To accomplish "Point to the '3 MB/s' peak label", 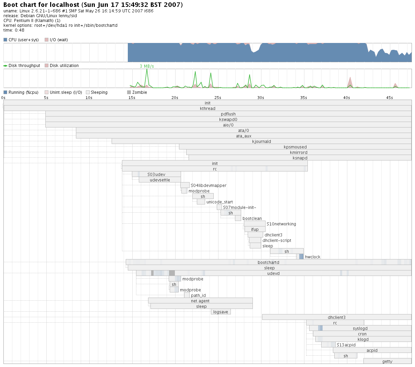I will click(x=147, y=66).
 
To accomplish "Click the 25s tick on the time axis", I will click(x=218, y=98).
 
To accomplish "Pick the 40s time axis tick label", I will click(x=347, y=98).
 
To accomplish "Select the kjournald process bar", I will click(x=261, y=141).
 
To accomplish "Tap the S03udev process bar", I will click(x=156, y=174).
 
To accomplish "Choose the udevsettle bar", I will click(x=160, y=180).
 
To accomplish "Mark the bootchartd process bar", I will click(x=268, y=262).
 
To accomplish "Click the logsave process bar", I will click(x=221, y=312).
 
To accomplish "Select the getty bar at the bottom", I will click(x=387, y=361).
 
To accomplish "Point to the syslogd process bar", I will click(x=360, y=328).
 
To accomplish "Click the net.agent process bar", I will click(x=200, y=301).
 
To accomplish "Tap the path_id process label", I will click(x=198, y=296).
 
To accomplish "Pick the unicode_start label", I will click(x=220, y=202).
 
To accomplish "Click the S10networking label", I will click(x=281, y=224).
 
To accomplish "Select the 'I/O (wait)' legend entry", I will click(x=58, y=40).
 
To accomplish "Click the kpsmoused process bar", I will click(x=295, y=147).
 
